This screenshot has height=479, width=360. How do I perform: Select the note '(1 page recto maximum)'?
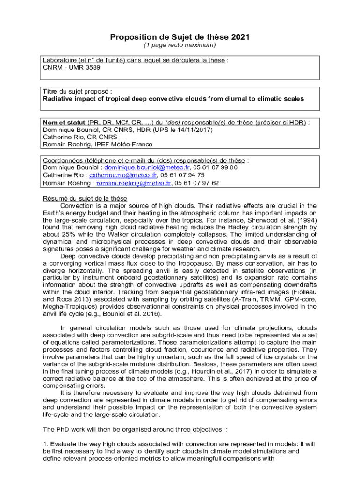[180, 45]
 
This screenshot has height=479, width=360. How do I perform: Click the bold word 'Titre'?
[50, 91]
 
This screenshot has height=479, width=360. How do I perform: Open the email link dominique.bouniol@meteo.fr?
[147, 167]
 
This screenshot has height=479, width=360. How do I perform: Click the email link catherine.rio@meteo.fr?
[123, 175]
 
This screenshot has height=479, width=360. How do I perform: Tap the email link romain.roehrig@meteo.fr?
[133, 183]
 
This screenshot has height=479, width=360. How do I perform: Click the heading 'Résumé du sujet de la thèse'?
[84, 198]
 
